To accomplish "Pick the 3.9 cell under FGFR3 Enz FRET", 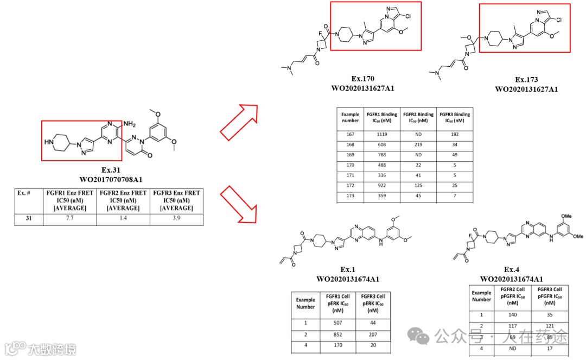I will (176, 218).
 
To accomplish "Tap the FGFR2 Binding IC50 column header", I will (418, 118).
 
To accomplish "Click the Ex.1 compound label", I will (347, 270).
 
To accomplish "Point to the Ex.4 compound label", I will (512, 270).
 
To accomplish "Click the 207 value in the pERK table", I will (373, 335).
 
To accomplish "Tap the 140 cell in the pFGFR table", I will (512, 314).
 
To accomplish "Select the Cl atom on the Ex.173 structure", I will (559, 21).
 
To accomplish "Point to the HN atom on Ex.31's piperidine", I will (49, 142).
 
